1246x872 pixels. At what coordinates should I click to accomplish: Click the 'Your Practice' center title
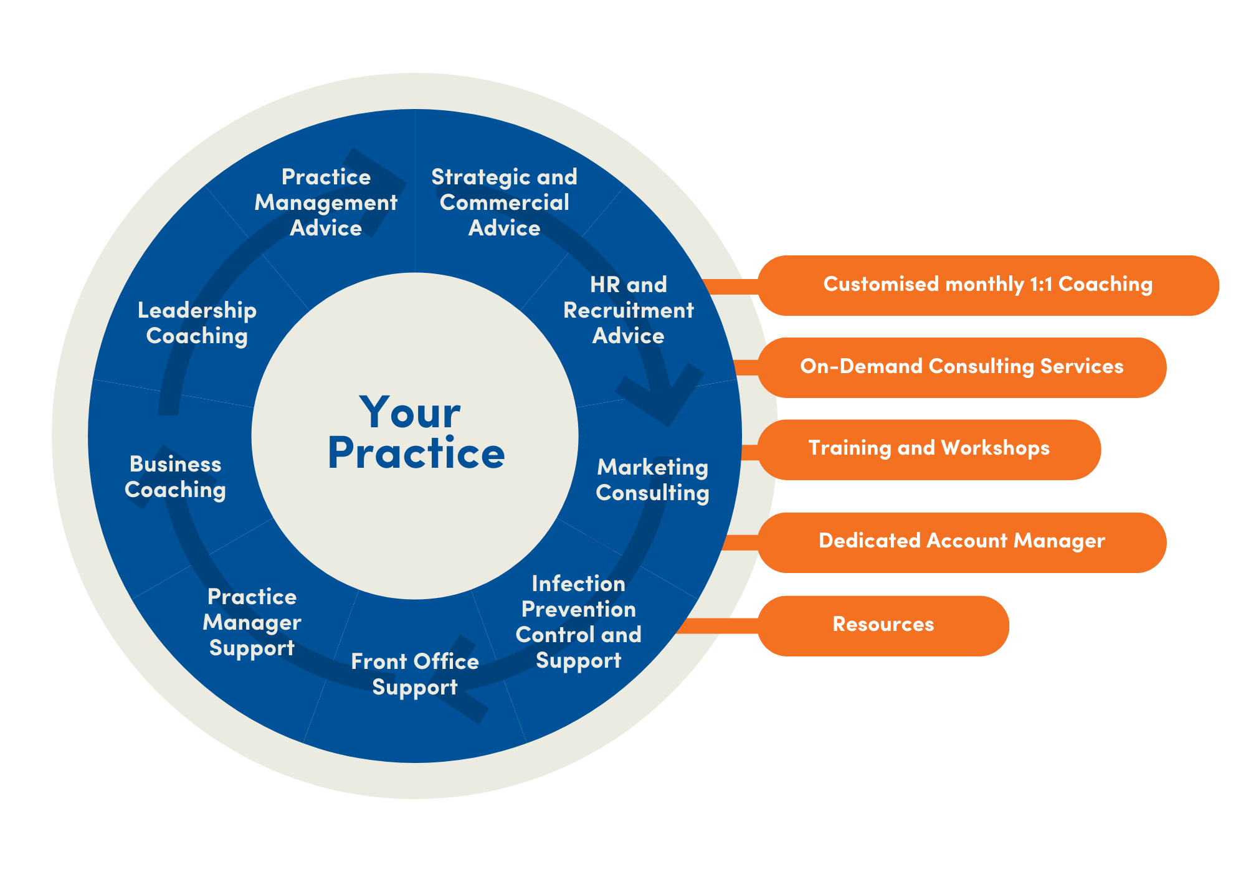pos(415,433)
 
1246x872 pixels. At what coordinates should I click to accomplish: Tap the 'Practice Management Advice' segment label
pos(326,202)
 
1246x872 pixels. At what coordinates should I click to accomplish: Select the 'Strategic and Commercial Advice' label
pos(504,202)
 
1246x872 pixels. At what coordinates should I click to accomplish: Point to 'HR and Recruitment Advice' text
pos(628,310)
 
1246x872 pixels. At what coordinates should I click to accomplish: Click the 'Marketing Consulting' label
pos(652,480)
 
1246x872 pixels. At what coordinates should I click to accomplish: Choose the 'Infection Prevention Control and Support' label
pos(578,622)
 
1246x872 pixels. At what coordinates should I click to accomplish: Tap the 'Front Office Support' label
pos(415,674)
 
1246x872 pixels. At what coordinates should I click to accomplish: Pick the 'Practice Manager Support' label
pos(252,622)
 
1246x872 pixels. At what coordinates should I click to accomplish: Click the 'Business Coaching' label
pos(175,477)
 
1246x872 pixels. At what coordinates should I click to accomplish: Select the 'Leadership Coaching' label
pos(197,323)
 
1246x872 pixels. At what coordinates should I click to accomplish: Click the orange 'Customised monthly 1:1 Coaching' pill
pos(987,285)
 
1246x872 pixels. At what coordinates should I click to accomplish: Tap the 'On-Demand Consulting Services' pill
pos(961,367)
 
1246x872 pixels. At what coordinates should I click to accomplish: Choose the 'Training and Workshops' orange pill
pos(928,448)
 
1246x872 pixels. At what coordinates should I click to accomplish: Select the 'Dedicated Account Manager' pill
pos(961,541)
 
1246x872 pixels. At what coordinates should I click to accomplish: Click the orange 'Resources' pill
pos(883,625)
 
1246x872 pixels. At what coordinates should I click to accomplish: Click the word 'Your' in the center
pos(410,412)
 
